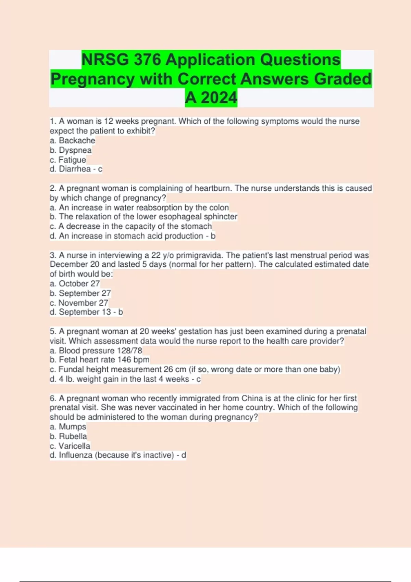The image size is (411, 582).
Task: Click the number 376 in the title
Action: [147, 60]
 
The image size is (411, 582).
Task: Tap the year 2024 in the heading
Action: [219, 98]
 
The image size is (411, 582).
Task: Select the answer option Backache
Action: [77, 141]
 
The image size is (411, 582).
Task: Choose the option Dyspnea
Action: [75, 150]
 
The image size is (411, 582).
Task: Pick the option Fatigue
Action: [72, 160]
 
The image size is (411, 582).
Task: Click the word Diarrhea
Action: [75, 169]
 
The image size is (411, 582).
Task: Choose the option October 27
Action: [79, 284]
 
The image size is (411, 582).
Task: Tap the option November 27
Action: [83, 303]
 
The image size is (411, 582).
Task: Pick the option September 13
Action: [85, 312]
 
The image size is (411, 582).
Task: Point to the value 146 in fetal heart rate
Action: [124, 360]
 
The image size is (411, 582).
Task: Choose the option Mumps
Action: [72, 427]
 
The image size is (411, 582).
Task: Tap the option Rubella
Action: [73, 436]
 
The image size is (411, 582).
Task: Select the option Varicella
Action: [74, 446]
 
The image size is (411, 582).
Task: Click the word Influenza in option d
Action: [76, 455]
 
